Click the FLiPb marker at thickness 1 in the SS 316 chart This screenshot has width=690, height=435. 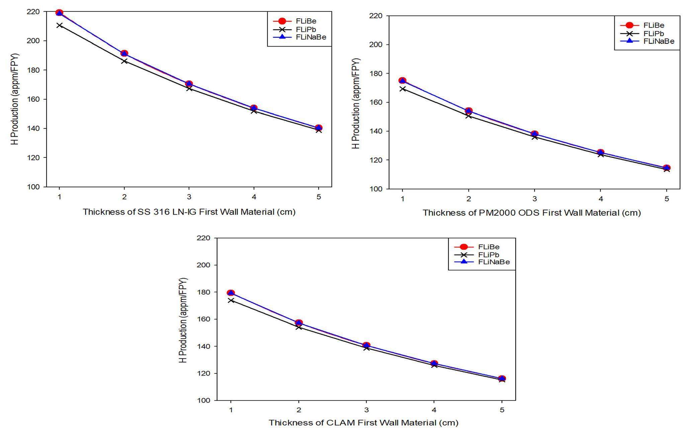tap(60, 25)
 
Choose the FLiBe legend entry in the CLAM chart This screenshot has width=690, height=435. tap(489, 247)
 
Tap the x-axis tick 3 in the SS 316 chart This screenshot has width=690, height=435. tap(189, 197)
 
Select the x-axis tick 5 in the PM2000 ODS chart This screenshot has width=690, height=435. tap(667, 199)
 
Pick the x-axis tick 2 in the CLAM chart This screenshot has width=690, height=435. tap(298, 410)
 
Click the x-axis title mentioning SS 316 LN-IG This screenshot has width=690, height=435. tap(189, 212)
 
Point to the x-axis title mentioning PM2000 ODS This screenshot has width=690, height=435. tap(531, 213)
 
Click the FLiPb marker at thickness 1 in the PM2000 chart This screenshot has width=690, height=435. tap(403, 89)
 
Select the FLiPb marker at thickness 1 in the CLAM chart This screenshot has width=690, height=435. tap(231, 300)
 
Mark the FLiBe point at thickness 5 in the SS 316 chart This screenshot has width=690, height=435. tap(319, 128)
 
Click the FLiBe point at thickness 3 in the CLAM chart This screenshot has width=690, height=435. tap(366, 345)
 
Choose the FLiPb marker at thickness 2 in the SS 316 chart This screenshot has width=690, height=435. tap(124, 61)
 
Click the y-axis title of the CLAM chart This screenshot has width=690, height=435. tap(183, 320)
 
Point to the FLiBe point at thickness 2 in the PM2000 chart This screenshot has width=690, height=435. tap(468, 111)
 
